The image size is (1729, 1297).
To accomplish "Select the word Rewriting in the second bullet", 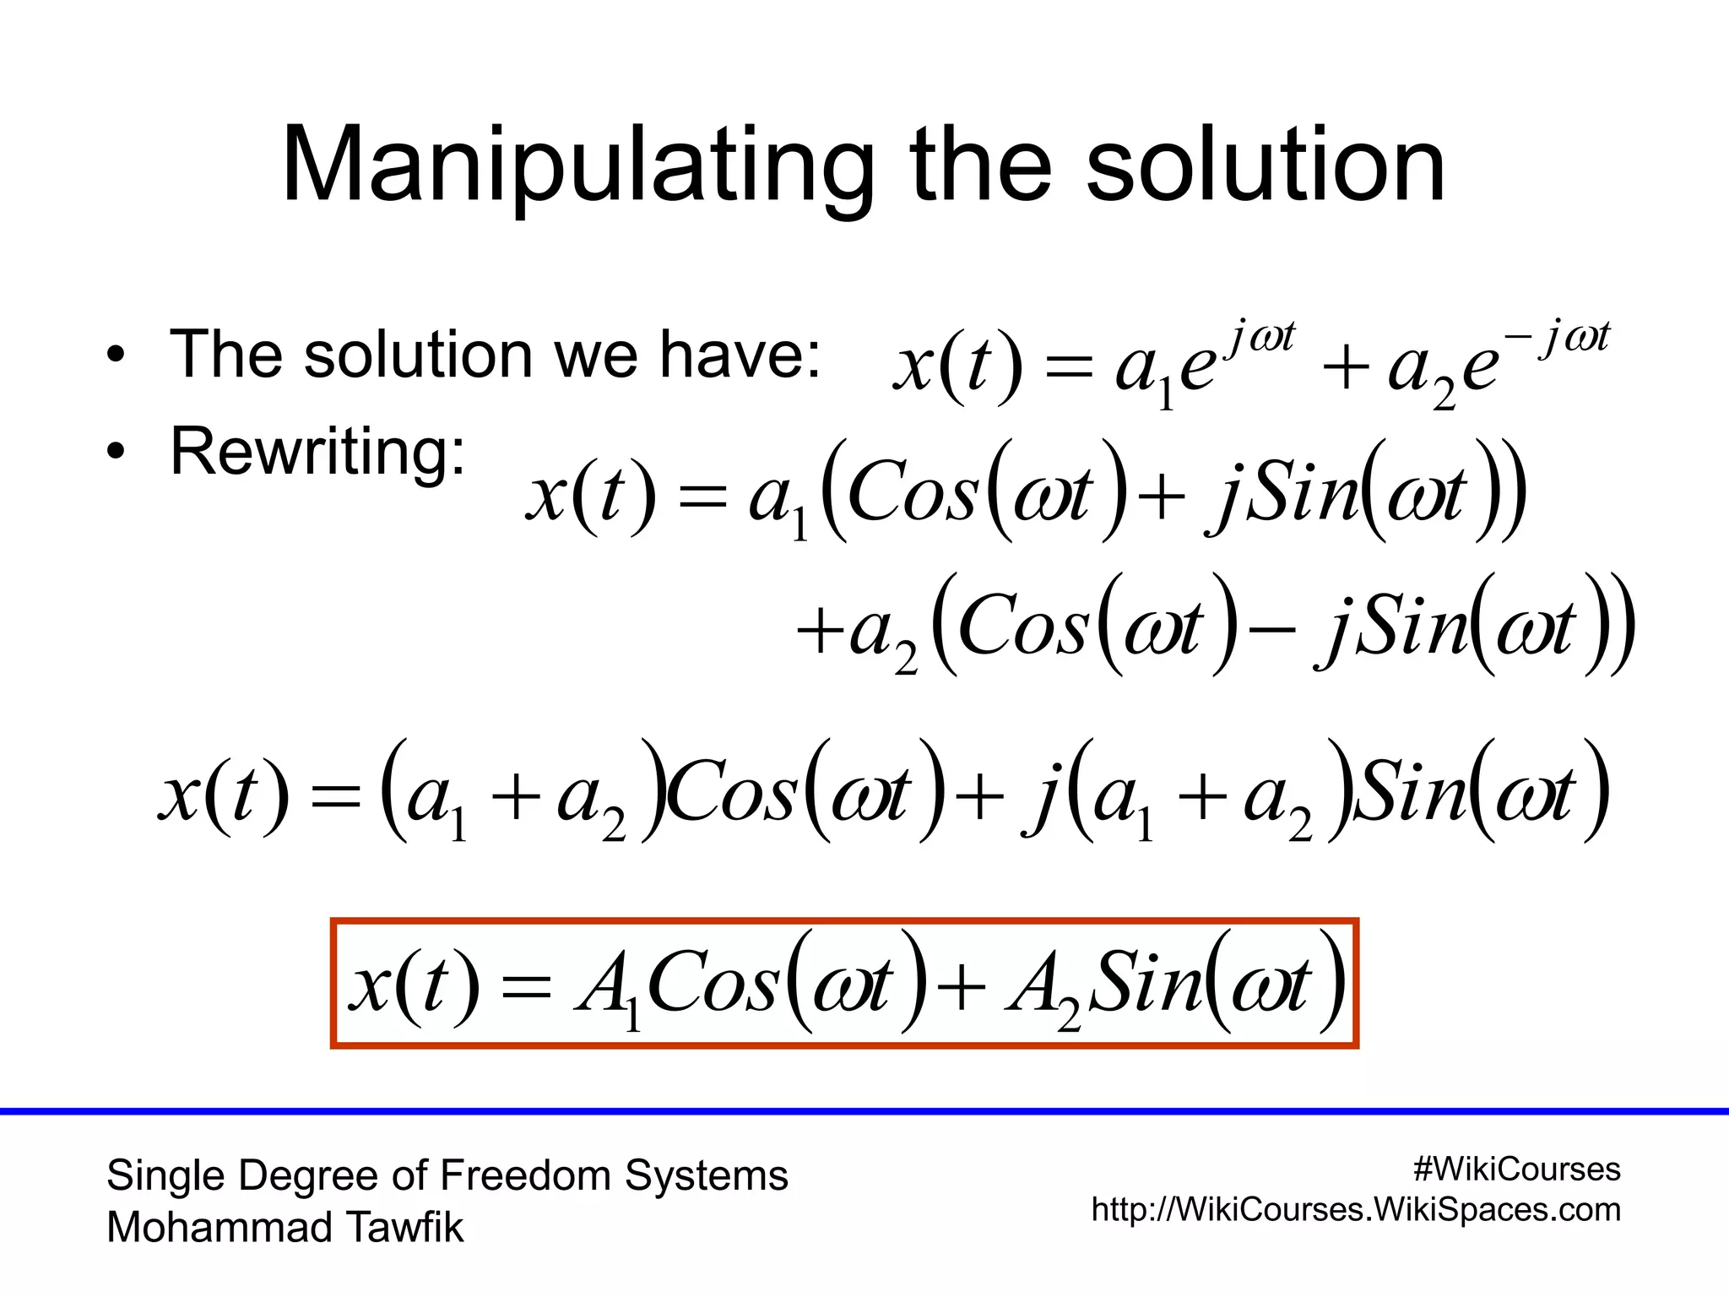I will click(x=317, y=452).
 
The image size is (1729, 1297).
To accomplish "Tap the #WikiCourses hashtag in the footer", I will click(x=1516, y=1169).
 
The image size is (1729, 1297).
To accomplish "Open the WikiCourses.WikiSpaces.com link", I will click(x=1356, y=1210).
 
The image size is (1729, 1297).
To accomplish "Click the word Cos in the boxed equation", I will click(x=713, y=984).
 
